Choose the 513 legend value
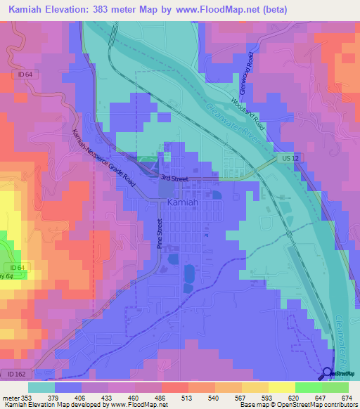[x=188, y=398]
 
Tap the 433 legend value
[x=108, y=398]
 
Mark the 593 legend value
[x=268, y=398]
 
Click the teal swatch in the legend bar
[x=41, y=387]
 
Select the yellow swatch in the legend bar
[x=281, y=387]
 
